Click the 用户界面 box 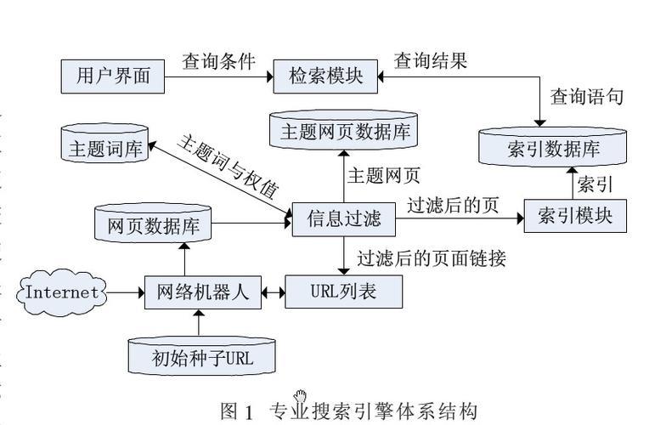coord(113,76)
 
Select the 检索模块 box coord(325,76)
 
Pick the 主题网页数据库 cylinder coord(345,131)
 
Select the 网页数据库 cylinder coord(153,224)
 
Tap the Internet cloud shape coord(63,292)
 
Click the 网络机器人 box coord(202,292)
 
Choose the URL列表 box coord(343,292)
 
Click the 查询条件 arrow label coord(218,63)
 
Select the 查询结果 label coord(430,61)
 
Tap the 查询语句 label coord(586,96)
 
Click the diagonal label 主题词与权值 coord(228,165)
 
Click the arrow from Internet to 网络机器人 coord(126,293)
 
